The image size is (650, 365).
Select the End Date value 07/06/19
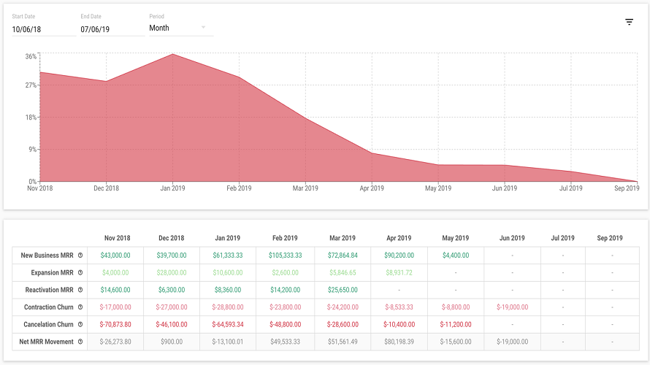click(95, 29)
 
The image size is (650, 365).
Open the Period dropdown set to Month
click(181, 28)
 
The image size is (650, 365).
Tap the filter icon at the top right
click(629, 22)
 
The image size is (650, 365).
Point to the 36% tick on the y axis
click(31, 56)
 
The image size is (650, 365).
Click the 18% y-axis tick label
click(31, 118)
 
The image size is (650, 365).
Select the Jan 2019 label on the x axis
click(172, 188)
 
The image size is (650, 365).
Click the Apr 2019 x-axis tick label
click(372, 188)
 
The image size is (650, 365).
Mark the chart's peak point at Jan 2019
click(172, 54)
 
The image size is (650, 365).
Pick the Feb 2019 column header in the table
click(285, 238)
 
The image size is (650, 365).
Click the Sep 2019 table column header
click(610, 238)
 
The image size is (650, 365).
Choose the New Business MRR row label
click(47, 255)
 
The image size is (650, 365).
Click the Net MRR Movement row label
click(46, 342)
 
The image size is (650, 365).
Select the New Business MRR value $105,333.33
click(286, 255)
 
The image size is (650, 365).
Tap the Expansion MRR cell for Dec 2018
click(172, 272)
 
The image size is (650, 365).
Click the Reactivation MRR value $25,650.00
click(343, 290)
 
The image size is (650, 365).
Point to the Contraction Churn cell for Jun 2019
click(513, 307)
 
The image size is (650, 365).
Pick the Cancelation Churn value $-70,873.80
click(115, 324)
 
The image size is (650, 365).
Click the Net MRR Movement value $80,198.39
click(399, 342)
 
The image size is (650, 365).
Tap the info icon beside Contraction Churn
click(80, 307)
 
